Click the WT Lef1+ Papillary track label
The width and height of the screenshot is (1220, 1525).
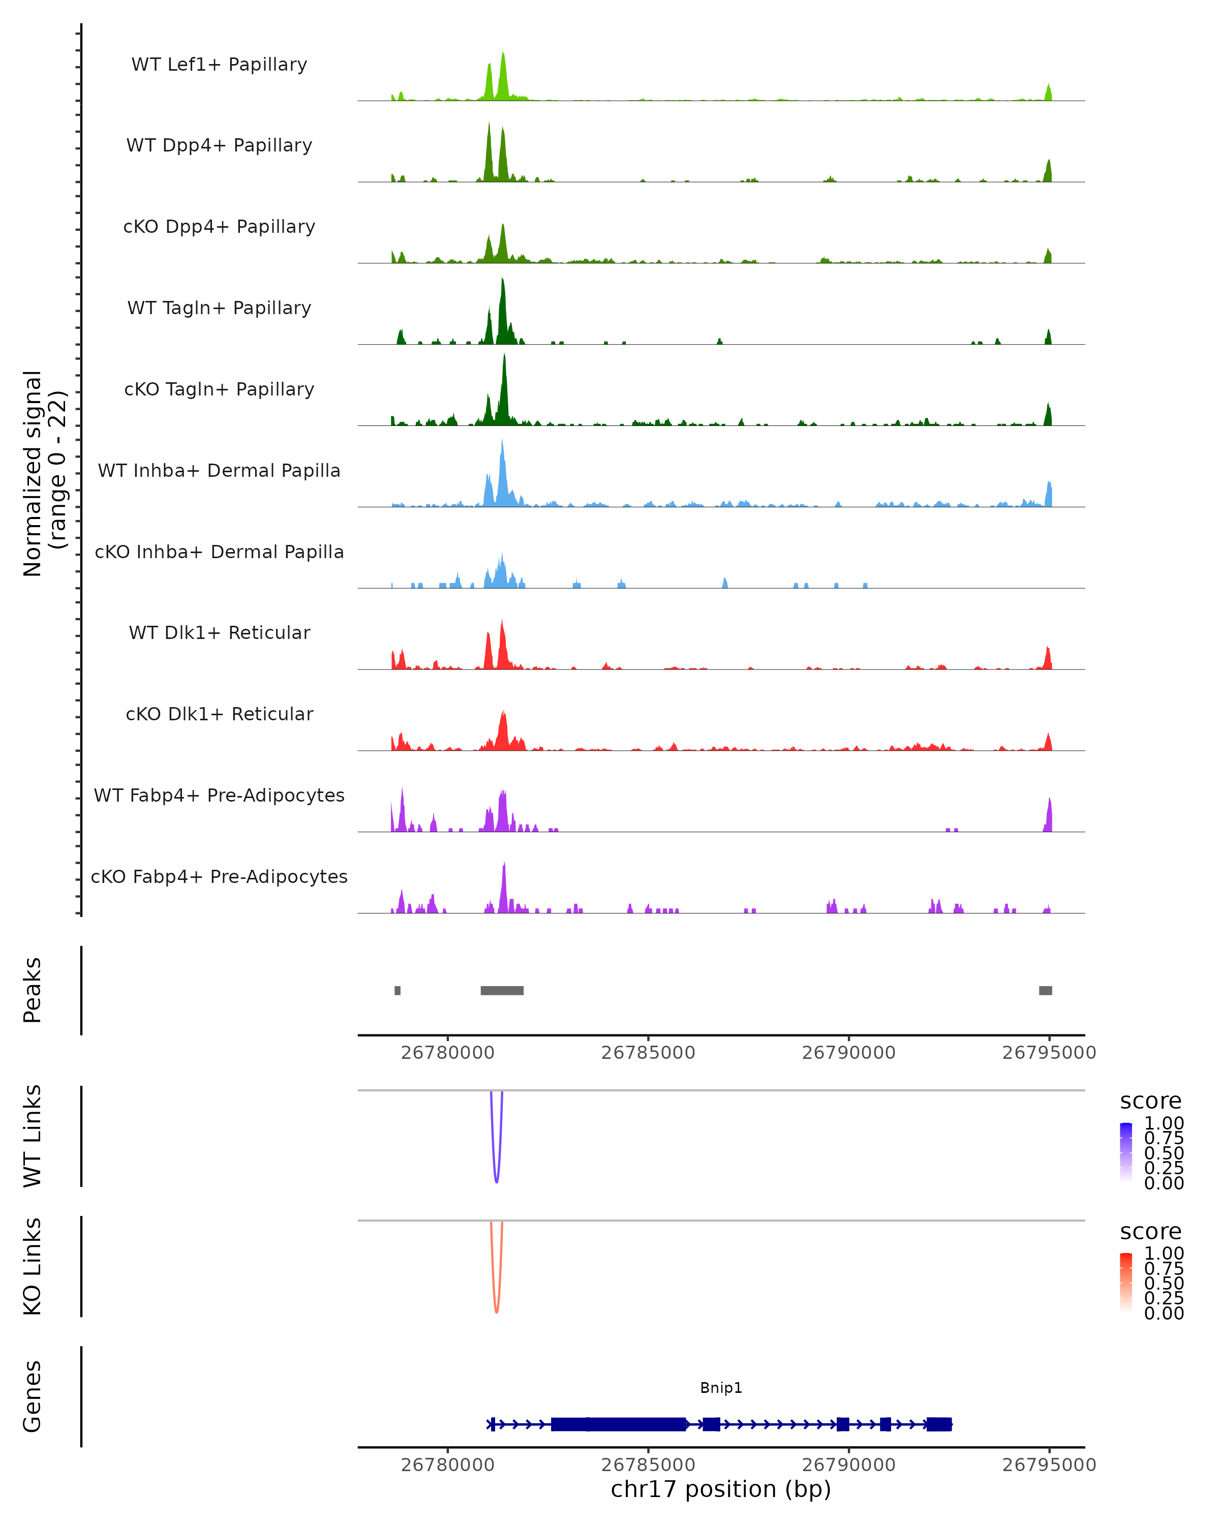click(219, 65)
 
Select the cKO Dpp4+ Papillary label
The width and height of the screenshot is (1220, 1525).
click(219, 226)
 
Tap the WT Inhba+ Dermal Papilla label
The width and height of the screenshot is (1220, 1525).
click(219, 470)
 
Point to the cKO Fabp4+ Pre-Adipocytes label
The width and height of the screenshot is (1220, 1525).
click(219, 876)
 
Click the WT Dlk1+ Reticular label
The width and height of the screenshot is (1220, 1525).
click(219, 632)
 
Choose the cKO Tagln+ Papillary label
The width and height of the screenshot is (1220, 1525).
click(219, 389)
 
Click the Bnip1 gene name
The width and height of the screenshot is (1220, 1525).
click(721, 1387)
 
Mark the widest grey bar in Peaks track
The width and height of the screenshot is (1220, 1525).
click(502, 990)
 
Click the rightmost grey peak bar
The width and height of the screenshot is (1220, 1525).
click(1045, 990)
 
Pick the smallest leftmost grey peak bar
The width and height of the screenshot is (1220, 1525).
click(398, 990)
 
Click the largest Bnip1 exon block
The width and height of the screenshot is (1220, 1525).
click(619, 1424)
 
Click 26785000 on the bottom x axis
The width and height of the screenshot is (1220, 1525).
click(648, 1464)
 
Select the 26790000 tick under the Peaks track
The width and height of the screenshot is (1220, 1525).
click(849, 1053)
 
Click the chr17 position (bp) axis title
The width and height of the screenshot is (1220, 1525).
click(721, 1489)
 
